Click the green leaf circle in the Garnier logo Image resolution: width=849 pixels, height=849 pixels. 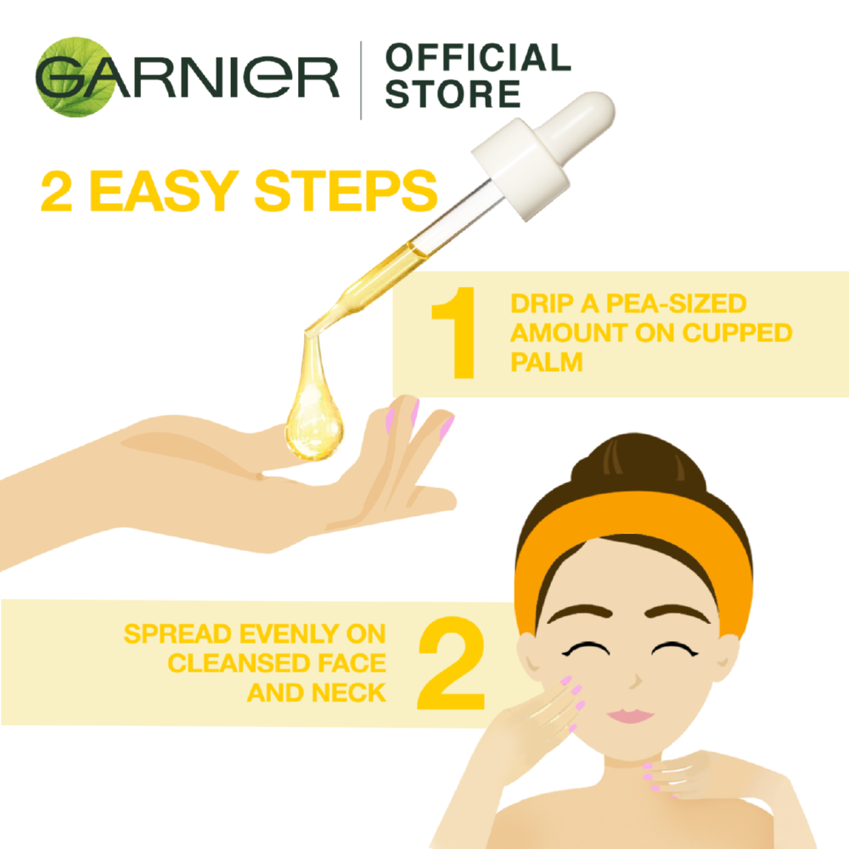[x=76, y=77]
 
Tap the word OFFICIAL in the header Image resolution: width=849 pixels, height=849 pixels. [x=478, y=58]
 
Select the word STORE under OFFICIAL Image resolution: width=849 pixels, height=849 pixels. [x=453, y=93]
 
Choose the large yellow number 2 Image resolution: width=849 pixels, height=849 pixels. [x=451, y=663]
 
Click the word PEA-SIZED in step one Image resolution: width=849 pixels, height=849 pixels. [x=677, y=304]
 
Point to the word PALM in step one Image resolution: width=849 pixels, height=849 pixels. [x=546, y=363]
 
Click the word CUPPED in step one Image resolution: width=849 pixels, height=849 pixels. [x=738, y=333]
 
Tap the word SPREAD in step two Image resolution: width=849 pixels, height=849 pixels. [x=178, y=634]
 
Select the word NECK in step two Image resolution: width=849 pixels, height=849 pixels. [x=349, y=693]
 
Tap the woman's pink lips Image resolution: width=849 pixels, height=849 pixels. [x=631, y=715]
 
